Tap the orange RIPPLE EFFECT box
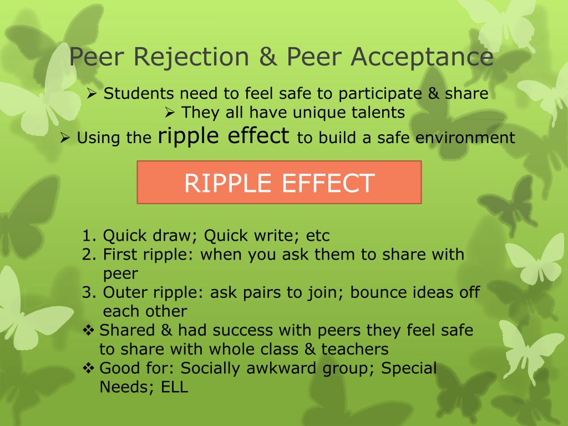(x=279, y=182)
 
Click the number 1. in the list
(x=90, y=236)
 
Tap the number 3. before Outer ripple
(x=90, y=292)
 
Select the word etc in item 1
(x=318, y=236)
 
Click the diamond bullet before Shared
(x=89, y=331)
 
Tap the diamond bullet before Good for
(x=89, y=368)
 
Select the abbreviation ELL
(x=175, y=387)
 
